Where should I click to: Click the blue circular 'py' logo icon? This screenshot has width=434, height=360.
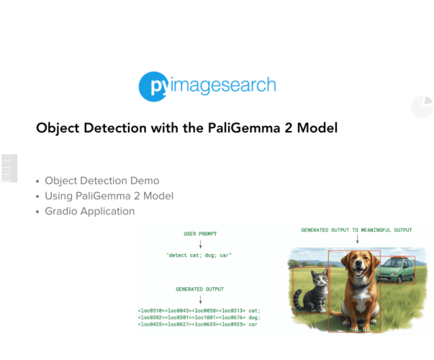(x=153, y=86)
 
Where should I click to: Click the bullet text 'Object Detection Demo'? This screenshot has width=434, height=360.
(x=101, y=181)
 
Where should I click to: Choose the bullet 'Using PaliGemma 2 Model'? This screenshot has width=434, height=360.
(x=109, y=196)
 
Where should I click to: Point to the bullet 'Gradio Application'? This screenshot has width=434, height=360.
(x=89, y=211)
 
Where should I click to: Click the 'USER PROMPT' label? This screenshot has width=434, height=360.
(x=199, y=234)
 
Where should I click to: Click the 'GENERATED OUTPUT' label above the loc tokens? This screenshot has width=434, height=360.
(x=199, y=287)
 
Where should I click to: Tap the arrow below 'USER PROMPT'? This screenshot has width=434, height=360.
(x=199, y=245)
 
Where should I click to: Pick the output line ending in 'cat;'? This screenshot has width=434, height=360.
(x=199, y=310)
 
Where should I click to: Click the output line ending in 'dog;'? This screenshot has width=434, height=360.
(x=199, y=318)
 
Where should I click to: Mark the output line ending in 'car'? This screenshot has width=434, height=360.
(x=197, y=325)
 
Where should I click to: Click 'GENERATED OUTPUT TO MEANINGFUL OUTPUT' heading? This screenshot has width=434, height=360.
(x=357, y=230)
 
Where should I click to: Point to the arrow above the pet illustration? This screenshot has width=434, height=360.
(x=357, y=240)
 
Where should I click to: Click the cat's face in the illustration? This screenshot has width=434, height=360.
(x=317, y=279)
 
